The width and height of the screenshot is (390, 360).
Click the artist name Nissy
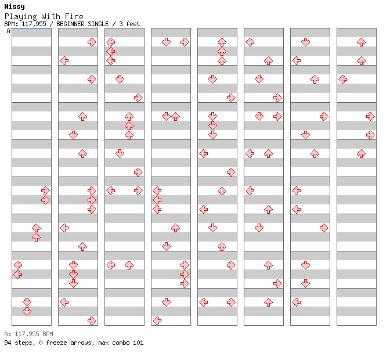(x=15, y=6)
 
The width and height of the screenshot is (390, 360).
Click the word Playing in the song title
(x=21, y=17)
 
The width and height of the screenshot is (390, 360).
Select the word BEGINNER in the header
(x=70, y=24)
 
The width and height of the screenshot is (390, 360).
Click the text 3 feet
(x=129, y=24)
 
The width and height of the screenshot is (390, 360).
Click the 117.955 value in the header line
(x=34, y=24)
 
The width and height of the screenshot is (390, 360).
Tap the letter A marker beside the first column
(x=8, y=31)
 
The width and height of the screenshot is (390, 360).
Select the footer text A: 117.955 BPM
(x=28, y=334)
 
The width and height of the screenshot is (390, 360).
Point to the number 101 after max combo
(x=138, y=343)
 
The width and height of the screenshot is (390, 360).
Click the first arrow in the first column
(x=45, y=191)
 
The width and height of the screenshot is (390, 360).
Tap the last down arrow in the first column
(x=27, y=311)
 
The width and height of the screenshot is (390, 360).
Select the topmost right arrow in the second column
(x=92, y=42)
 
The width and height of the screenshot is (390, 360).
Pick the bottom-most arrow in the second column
(x=92, y=321)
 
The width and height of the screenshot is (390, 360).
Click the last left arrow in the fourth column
(x=157, y=321)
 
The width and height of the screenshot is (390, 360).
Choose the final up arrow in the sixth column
(x=268, y=303)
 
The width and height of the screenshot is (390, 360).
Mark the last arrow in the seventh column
(x=296, y=303)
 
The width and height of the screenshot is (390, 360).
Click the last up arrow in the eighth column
(x=361, y=154)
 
